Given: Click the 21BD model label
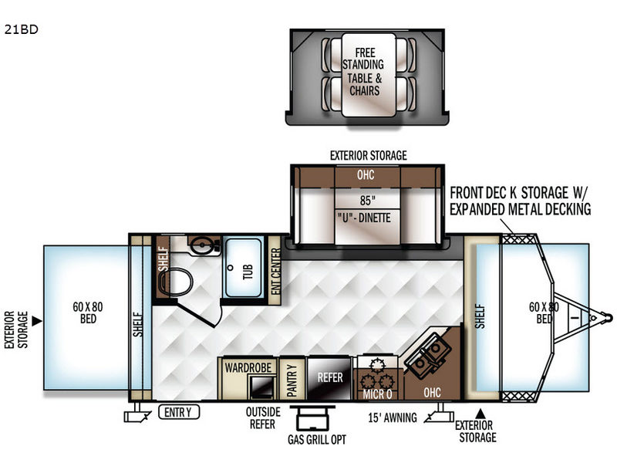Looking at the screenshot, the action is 22,29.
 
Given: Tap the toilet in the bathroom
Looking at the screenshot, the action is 176,281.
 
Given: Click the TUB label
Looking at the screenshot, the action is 248,272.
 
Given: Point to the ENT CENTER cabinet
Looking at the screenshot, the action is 275,271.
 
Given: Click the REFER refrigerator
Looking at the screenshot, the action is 330,378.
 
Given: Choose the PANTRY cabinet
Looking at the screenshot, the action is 292,379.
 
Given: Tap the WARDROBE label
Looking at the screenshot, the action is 248,368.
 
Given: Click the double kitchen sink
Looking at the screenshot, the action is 428,354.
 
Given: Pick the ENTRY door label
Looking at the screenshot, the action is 179,412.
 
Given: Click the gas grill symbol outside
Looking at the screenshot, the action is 312,418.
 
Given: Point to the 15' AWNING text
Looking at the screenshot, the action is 393,417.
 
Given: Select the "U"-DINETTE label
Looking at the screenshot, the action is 364,218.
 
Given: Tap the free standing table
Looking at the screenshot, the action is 369,75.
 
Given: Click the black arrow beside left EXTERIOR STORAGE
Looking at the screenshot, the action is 36,321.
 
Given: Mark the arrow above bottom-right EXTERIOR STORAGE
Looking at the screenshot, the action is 480,414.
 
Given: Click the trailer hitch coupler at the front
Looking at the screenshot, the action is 609,318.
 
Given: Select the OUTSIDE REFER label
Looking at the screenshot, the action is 263,418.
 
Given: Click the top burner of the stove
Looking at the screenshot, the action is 378,364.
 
